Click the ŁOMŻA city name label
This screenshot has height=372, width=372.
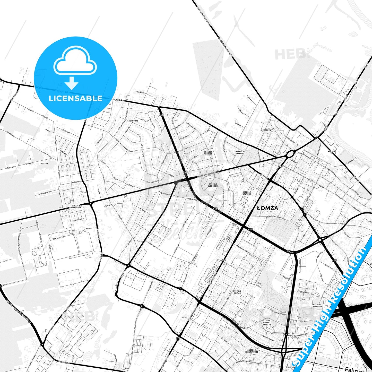click(268, 208)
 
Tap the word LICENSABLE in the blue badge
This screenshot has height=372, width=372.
click(75, 98)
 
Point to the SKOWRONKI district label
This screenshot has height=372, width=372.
click(133, 121)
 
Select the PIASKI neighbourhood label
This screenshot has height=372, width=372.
click(45, 163)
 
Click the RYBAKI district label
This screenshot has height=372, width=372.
click(332, 152)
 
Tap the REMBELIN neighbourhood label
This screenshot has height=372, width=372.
click(266, 130)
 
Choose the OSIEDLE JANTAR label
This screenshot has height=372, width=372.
click(237, 292)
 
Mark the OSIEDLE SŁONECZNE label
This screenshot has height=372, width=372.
click(213, 185)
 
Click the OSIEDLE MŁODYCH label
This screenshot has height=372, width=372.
click(208, 153)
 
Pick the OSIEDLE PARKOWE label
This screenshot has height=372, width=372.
click(240, 153)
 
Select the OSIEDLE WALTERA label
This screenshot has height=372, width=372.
click(247, 193)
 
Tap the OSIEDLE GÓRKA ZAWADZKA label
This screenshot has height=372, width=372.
click(266, 323)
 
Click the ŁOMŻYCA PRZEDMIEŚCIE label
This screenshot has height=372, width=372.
click(76, 206)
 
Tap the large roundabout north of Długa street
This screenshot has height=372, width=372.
click(290, 154)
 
